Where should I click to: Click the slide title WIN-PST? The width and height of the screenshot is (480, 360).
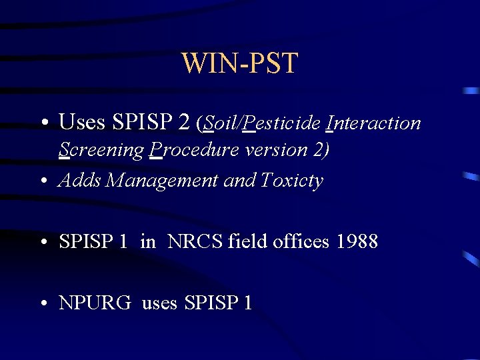click(x=239, y=63)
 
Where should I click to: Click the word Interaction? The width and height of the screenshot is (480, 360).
click(x=373, y=123)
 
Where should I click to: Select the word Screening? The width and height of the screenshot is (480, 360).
click(x=101, y=151)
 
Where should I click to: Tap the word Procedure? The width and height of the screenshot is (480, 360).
click(x=195, y=151)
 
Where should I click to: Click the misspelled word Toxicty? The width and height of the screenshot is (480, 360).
click(x=292, y=181)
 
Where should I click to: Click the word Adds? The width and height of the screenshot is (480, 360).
click(x=80, y=181)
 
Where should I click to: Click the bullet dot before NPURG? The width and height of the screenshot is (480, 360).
click(x=43, y=304)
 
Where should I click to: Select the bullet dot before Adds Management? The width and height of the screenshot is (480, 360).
click(x=43, y=181)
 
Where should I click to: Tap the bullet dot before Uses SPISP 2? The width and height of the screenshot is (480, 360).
click(x=43, y=124)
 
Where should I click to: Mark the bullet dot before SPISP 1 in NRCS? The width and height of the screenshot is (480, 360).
click(x=43, y=242)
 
